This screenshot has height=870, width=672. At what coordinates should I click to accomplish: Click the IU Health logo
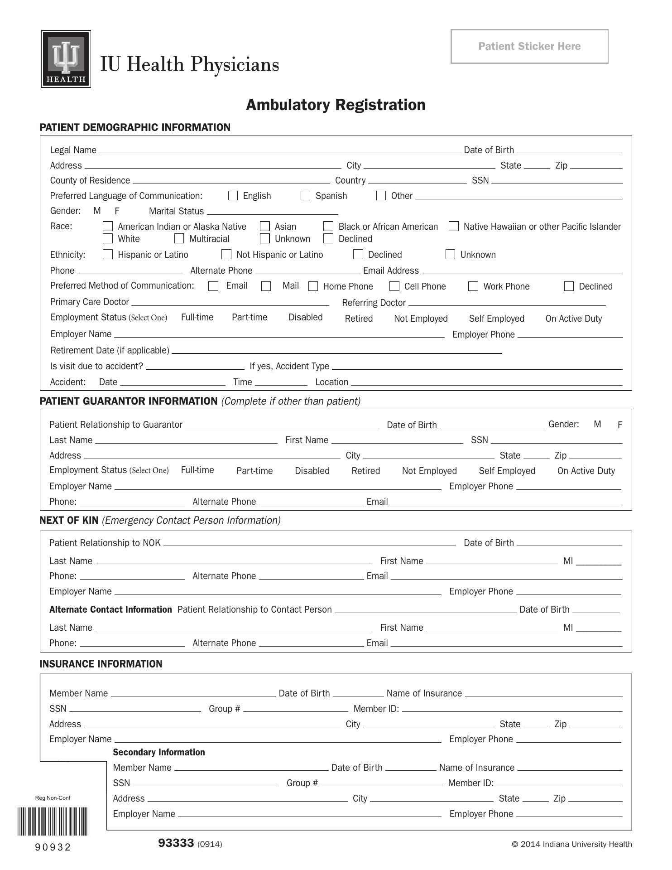click(66, 59)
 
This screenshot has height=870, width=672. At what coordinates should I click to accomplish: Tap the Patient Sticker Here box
click(529, 46)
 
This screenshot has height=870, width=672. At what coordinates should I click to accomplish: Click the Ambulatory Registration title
click(336, 105)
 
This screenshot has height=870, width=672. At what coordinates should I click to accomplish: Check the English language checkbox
click(233, 195)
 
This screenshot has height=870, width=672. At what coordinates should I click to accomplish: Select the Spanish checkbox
click(306, 195)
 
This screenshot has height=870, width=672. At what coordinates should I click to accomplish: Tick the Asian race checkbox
click(265, 226)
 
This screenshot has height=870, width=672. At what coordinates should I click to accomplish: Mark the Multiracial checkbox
click(179, 238)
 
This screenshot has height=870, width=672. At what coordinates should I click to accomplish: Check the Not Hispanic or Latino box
click(226, 254)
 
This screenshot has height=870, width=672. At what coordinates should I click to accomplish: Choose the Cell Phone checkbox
click(394, 286)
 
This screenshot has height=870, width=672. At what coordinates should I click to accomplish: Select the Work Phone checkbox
click(473, 286)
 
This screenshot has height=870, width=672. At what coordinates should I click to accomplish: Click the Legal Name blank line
click(279, 150)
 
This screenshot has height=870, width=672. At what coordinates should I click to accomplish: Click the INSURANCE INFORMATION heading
click(101, 664)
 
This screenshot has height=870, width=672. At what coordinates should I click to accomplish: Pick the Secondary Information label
click(158, 752)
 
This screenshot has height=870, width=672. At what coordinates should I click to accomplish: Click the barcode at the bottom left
click(53, 821)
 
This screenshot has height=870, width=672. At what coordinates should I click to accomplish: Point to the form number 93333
click(176, 843)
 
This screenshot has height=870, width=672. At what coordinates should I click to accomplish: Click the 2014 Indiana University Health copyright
click(571, 844)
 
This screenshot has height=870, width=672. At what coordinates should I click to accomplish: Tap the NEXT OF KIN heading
click(69, 520)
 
